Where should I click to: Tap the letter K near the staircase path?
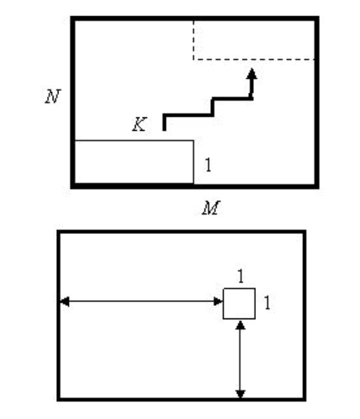tap(139, 124)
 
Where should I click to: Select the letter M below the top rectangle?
tap(211, 208)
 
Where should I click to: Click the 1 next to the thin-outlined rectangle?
tap(208, 165)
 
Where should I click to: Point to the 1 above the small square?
tap(240, 276)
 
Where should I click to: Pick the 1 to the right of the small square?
tap(267, 303)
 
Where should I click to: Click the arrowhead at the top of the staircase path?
tap(252, 74)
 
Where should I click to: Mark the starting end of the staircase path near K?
tap(165, 130)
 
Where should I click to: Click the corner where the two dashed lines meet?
tap(193, 59)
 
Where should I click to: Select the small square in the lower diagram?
tap(239, 304)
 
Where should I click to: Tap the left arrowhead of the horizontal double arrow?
tap(65, 302)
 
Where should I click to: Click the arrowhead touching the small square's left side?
tap(219, 302)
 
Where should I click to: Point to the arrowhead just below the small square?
tap(240, 325)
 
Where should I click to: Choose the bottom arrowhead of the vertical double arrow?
tap(240, 394)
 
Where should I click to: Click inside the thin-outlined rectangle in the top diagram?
tap(134, 162)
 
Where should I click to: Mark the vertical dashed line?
tap(193, 40)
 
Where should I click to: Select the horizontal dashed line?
tap(254, 59)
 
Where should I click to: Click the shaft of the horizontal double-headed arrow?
tap(141, 302)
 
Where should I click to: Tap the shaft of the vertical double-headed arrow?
tap(240, 359)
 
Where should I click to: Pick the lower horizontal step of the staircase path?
tap(188, 115)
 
